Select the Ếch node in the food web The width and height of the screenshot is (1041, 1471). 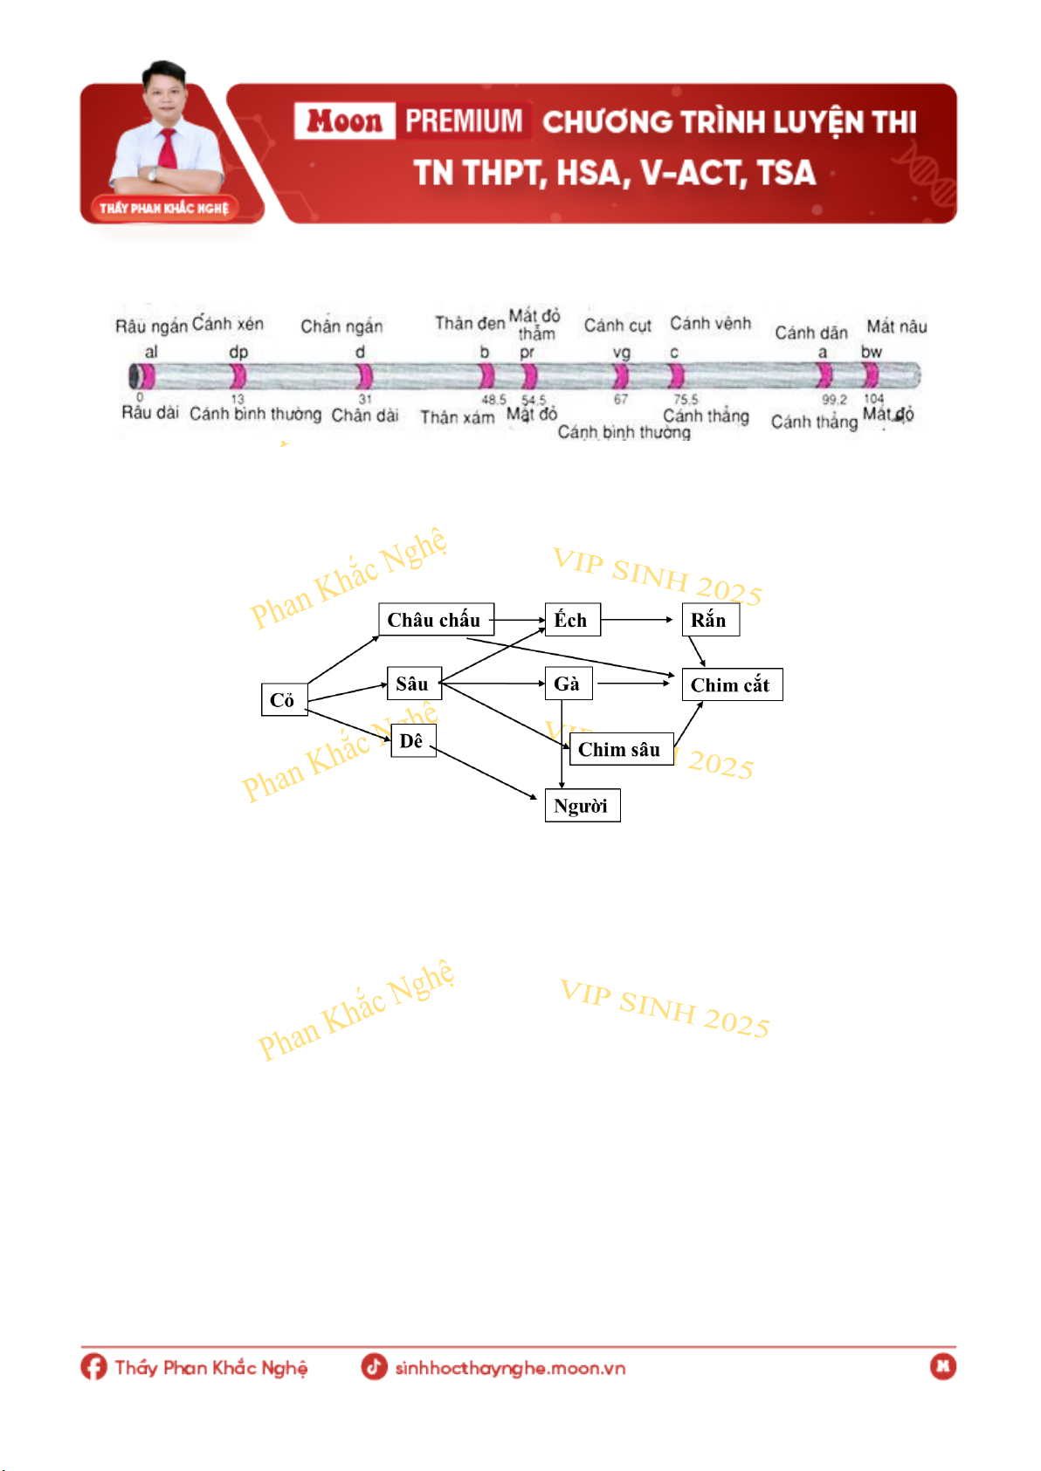[x=572, y=620]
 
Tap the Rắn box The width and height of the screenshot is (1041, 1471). [x=710, y=620]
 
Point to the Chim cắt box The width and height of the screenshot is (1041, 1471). [x=731, y=684]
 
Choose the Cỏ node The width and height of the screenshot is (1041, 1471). [x=284, y=699]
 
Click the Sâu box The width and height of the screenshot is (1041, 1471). [x=413, y=684]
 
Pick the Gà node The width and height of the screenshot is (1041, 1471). [x=568, y=684]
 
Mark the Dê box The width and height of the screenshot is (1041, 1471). [x=412, y=740]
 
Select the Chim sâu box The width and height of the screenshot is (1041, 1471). [x=621, y=749]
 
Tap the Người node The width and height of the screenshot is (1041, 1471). [x=582, y=805]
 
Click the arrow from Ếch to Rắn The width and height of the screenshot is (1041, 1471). [x=637, y=620]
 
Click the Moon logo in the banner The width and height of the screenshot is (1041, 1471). [x=344, y=120]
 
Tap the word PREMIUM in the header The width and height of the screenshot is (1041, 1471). [x=464, y=120]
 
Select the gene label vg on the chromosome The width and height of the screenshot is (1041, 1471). [x=621, y=352]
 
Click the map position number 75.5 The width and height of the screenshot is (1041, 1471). [x=686, y=399]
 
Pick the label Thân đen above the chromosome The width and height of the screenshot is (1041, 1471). [x=470, y=323]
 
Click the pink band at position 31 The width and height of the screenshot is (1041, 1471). [x=364, y=375]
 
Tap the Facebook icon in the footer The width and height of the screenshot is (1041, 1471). [x=93, y=1366]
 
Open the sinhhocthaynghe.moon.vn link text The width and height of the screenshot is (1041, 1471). [x=510, y=1368]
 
